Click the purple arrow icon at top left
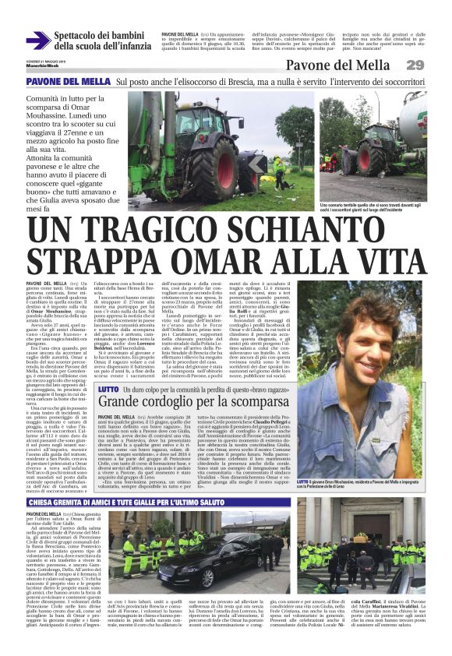pos(37,41)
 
